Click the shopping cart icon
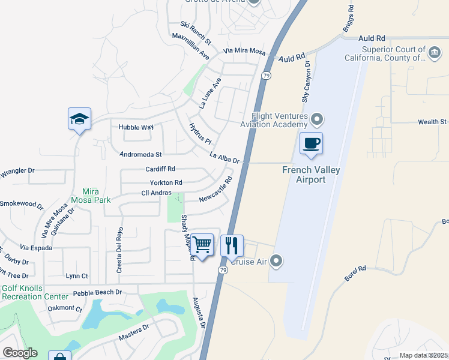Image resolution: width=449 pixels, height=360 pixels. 203,245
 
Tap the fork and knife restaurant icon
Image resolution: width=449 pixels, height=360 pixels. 232,245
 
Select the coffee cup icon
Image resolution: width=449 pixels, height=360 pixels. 311,143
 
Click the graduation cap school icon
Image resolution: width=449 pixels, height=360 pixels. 79,119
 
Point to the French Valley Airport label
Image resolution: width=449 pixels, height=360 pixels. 312,175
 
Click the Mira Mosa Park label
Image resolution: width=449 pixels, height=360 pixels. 90,194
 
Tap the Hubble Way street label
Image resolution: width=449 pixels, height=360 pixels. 136,127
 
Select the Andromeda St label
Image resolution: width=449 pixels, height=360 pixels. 141,154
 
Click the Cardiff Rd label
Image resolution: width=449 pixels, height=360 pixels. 160,169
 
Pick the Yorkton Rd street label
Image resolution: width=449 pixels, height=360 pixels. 166,182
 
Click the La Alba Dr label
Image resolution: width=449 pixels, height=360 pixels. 224,157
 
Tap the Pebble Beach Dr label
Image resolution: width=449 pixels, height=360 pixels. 97,293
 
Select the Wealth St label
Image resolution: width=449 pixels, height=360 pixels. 432,122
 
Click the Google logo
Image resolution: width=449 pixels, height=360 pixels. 20,353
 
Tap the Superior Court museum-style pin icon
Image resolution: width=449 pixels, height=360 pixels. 433,54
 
